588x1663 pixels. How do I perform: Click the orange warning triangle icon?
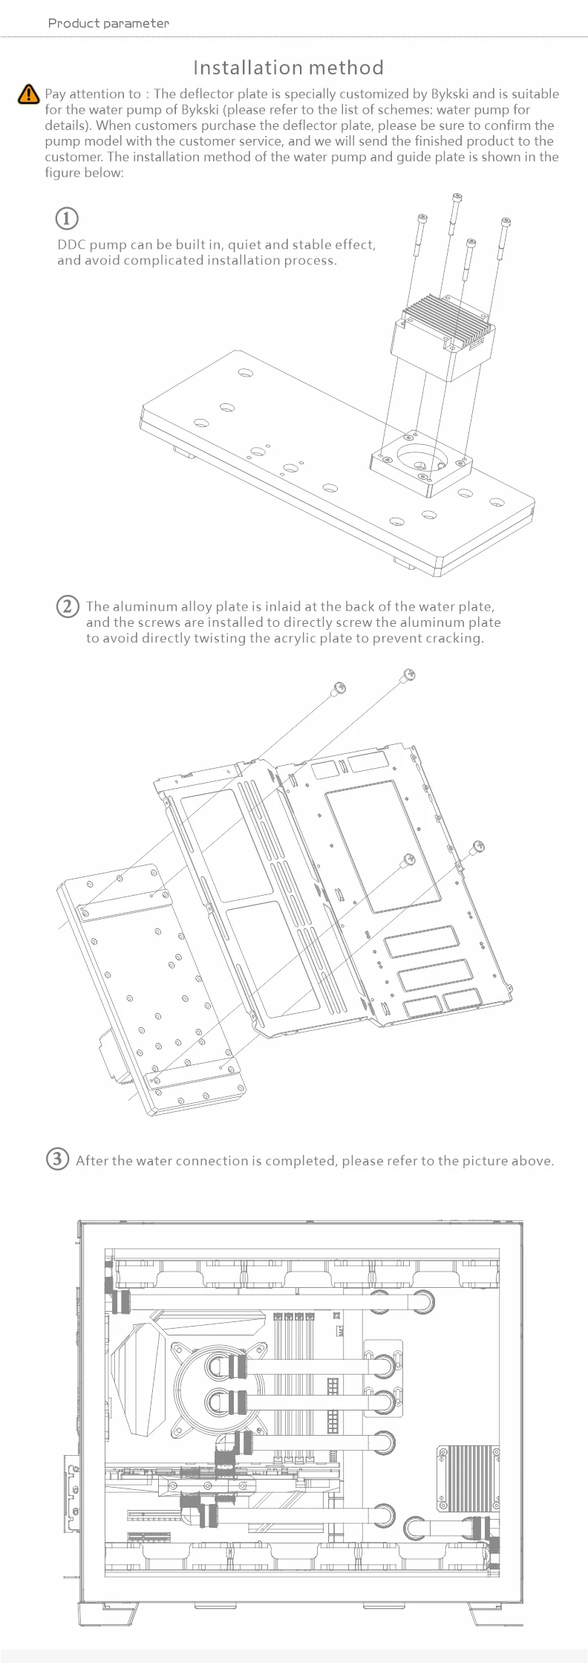(x=27, y=94)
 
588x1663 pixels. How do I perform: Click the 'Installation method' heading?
(x=288, y=68)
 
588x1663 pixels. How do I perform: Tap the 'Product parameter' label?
(x=108, y=23)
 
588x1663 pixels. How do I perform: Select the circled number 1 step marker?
(x=67, y=218)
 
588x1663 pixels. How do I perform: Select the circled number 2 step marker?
(x=67, y=606)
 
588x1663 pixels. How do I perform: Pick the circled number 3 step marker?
(x=58, y=1159)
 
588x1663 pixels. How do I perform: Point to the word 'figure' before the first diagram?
(x=62, y=172)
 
